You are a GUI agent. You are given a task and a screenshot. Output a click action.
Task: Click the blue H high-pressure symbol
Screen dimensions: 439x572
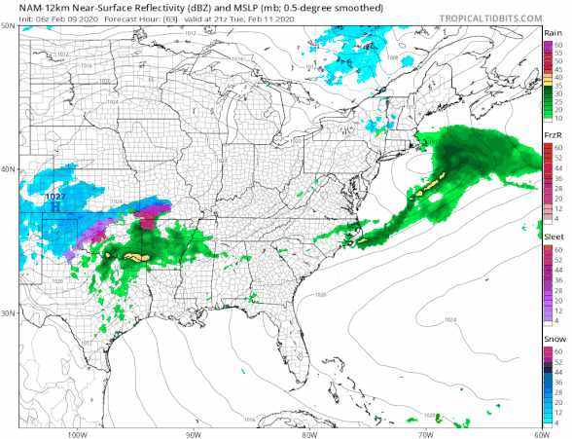tap(55, 206)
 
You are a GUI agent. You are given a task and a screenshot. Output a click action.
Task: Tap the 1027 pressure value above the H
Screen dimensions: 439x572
tap(55, 197)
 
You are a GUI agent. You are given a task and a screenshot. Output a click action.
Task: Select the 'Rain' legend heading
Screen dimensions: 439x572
tap(554, 32)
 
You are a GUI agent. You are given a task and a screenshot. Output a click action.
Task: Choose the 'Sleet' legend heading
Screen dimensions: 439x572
tap(554, 236)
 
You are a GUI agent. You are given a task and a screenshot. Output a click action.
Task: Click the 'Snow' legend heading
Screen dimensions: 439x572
tap(554, 341)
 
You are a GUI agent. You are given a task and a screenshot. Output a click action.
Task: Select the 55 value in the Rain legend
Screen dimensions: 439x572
tap(558, 52)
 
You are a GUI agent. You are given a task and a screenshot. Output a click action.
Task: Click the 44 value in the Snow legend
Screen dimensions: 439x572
tap(558, 373)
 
